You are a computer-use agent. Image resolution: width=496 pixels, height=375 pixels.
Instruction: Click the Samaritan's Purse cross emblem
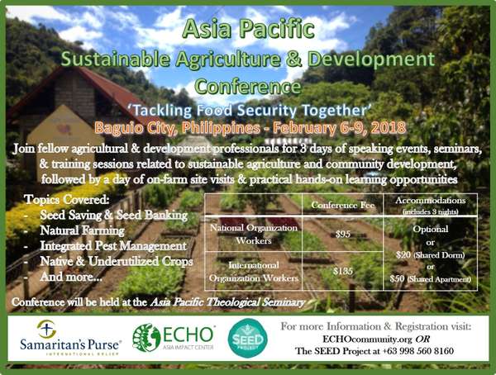(x=46, y=329)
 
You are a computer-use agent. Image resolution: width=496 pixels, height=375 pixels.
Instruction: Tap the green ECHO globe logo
(x=146, y=338)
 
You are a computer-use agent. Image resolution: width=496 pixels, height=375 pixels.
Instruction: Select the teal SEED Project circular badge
(x=248, y=338)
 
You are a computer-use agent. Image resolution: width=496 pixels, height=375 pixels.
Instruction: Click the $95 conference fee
(x=343, y=234)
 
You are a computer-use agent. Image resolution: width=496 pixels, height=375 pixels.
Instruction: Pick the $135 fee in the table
(x=343, y=271)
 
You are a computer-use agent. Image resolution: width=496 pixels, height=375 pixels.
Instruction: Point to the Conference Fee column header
(x=343, y=205)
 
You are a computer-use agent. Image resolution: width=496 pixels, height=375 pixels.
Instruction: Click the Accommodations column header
(x=430, y=201)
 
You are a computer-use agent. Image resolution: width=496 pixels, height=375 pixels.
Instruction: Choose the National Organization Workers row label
(x=254, y=235)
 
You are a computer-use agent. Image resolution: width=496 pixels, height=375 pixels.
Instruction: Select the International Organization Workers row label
(x=254, y=272)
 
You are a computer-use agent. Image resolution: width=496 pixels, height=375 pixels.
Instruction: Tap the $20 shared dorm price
(x=403, y=254)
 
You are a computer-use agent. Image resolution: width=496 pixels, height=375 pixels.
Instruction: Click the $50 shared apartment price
(x=397, y=279)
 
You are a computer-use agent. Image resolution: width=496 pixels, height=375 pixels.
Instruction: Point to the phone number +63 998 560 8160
(x=418, y=351)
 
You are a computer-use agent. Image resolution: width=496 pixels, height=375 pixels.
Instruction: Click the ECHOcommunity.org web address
(x=367, y=339)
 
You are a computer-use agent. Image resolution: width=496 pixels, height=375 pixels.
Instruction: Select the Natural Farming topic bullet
(x=82, y=230)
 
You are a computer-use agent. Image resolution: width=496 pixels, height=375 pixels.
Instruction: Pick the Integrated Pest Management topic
(x=113, y=246)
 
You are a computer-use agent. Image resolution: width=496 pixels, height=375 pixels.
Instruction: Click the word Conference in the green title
(x=248, y=87)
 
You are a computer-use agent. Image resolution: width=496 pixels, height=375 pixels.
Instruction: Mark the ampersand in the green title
(x=293, y=59)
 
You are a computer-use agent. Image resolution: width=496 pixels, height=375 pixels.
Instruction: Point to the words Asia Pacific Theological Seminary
(x=227, y=302)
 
